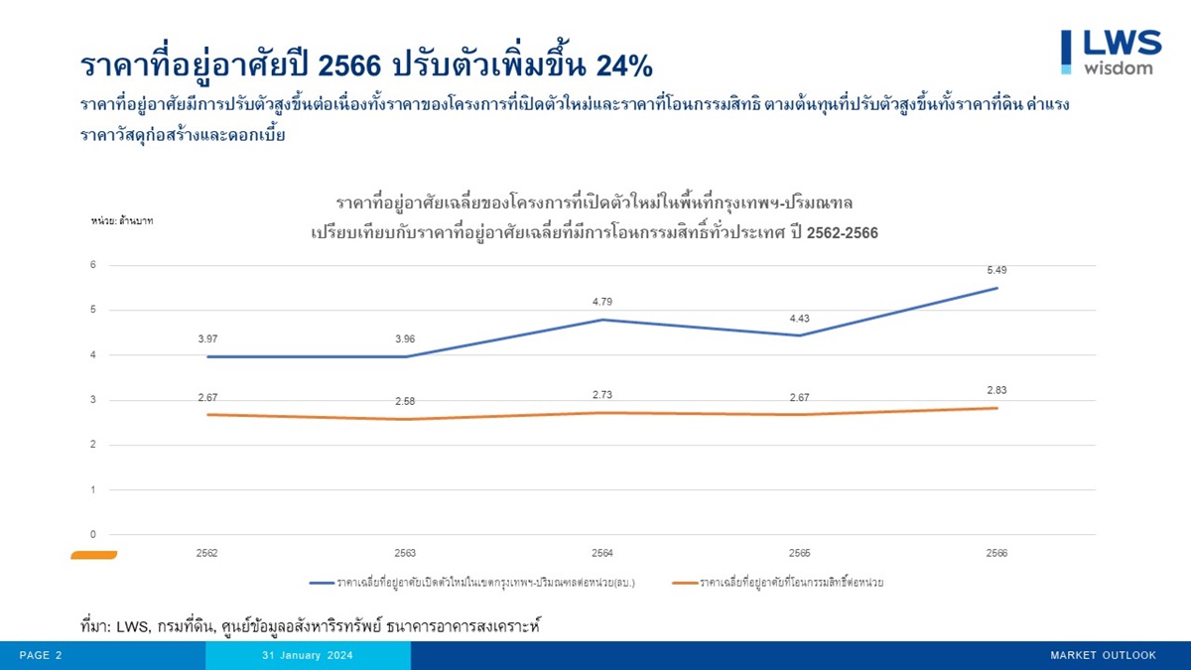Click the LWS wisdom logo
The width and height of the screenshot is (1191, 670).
[1110, 52]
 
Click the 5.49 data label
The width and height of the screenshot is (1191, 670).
[996, 270]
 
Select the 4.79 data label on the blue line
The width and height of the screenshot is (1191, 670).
[602, 302]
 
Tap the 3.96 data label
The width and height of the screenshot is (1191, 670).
[405, 338]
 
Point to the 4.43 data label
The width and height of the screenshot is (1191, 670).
[800, 319]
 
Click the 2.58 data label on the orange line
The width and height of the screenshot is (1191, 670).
[405, 402]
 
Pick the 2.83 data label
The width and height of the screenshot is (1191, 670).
[996, 390]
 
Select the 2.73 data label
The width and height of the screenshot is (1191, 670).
[602, 395]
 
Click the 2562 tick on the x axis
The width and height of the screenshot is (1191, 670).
[207, 553]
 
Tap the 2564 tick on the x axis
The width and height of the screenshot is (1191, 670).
[602, 553]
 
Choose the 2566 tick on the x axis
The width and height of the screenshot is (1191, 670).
[996, 553]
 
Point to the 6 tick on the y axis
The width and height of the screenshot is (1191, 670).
[92, 265]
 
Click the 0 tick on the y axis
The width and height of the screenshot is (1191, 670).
[92, 535]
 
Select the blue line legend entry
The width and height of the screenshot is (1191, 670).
[472, 583]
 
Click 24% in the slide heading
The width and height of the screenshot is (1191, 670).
[624, 66]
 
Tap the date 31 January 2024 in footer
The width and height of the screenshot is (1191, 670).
[308, 655]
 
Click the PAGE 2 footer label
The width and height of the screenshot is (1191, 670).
[41, 655]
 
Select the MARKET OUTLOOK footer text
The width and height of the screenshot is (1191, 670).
[1103, 655]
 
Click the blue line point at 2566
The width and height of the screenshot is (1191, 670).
[996, 289]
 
